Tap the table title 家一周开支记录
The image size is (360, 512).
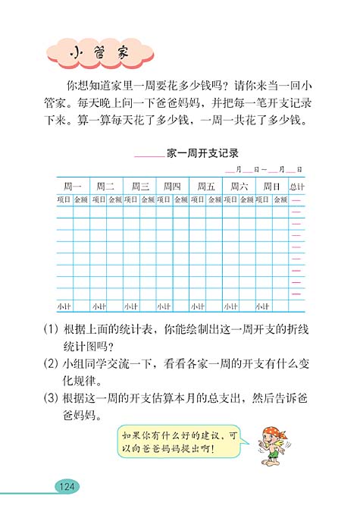(x=202, y=152)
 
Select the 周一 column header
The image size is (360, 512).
(x=72, y=187)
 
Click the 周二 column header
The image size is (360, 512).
(x=105, y=187)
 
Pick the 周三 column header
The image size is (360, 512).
(x=139, y=187)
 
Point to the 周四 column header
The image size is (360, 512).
(x=172, y=187)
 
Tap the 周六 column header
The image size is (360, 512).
(x=239, y=187)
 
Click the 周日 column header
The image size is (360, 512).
(x=272, y=187)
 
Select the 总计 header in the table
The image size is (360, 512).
(x=297, y=187)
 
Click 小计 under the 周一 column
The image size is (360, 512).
(x=64, y=306)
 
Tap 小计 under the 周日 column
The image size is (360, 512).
(x=264, y=306)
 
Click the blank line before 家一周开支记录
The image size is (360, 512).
(x=149, y=155)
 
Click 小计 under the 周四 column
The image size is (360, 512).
(x=164, y=306)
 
